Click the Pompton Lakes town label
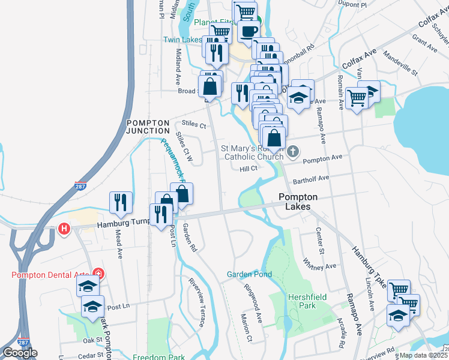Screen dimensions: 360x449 [294, 201]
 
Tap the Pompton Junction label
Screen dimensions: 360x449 [148, 126]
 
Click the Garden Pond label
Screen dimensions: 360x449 [249, 274]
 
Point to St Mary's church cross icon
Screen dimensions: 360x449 [292, 151]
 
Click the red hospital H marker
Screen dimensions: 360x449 [64, 229]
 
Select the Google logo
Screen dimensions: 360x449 [20, 353]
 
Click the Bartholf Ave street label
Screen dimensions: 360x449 [311, 179]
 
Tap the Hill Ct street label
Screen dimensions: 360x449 [249, 169]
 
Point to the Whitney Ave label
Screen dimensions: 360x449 [319, 263]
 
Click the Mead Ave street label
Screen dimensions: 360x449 [119, 245]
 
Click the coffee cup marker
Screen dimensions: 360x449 [248, 31]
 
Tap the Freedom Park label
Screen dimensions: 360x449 [158, 356]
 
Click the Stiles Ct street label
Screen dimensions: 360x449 [193, 125]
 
